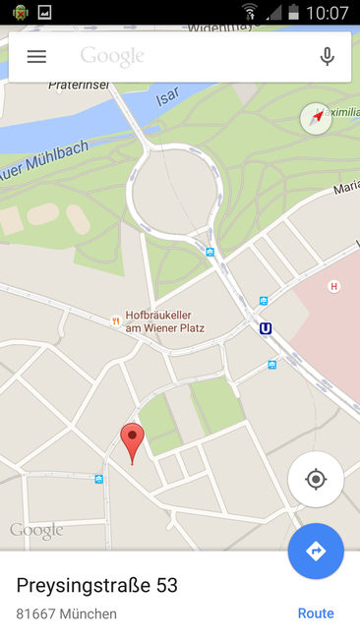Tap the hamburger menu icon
click(36, 57)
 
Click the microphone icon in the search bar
click(328, 57)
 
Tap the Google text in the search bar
click(112, 57)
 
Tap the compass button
click(316, 118)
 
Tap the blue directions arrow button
click(316, 551)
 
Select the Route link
click(316, 613)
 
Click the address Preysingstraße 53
click(97, 586)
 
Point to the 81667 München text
click(67, 613)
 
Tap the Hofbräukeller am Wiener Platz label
click(164, 320)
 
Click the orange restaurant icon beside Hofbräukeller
click(116, 319)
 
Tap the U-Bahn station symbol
click(266, 328)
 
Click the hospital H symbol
click(333, 286)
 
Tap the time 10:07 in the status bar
click(328, 13)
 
